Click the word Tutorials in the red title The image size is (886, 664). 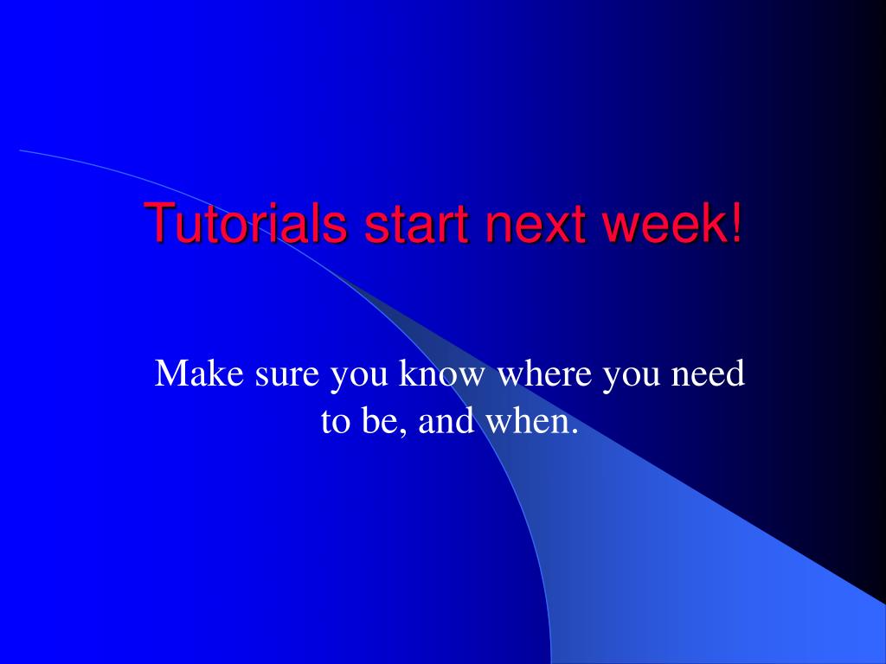pos(246,222)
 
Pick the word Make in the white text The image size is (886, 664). pos(199,373)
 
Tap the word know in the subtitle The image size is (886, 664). pos(442,373)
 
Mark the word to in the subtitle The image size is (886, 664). pos(335,422)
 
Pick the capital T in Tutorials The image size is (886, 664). pos(159,222)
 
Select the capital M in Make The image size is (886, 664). pos(170,373)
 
